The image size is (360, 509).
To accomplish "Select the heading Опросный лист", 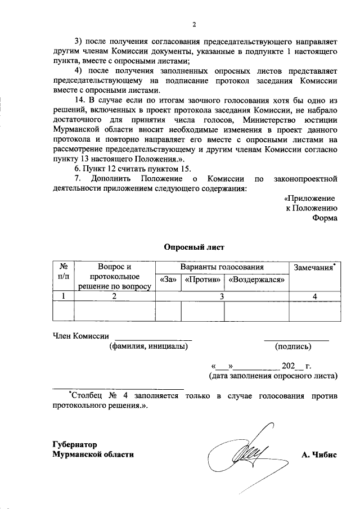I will (x=194, y=246).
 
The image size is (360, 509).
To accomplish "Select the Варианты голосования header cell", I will (x=222, y=267).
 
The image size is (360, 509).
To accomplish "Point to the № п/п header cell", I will (x=64, y=272).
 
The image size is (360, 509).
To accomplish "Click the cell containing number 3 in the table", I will (x=222, y=296).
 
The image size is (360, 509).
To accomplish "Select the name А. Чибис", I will (x=319, y=455).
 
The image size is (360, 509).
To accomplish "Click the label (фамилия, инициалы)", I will (x=148, y=346).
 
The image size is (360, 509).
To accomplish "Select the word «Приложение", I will (x=309, y=199).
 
